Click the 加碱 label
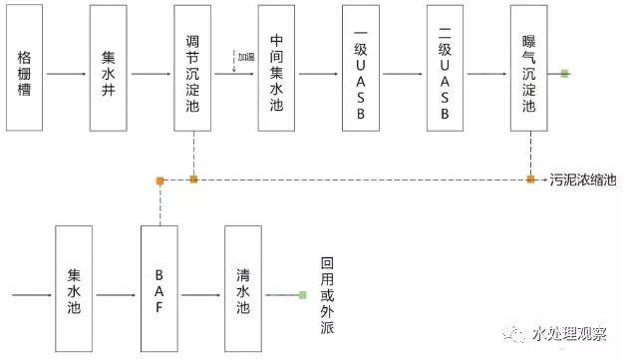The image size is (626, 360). tap(245, 55)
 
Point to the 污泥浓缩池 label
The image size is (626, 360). tap(583, 180)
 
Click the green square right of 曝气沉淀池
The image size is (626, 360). tap(565, 74)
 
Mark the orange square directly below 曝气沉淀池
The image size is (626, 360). tap(530, 180)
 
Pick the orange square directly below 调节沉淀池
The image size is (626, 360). tap(194, 180)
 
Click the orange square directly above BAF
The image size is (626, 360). tap(159, 180)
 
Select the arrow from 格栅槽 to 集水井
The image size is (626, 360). tap(65, 75)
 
